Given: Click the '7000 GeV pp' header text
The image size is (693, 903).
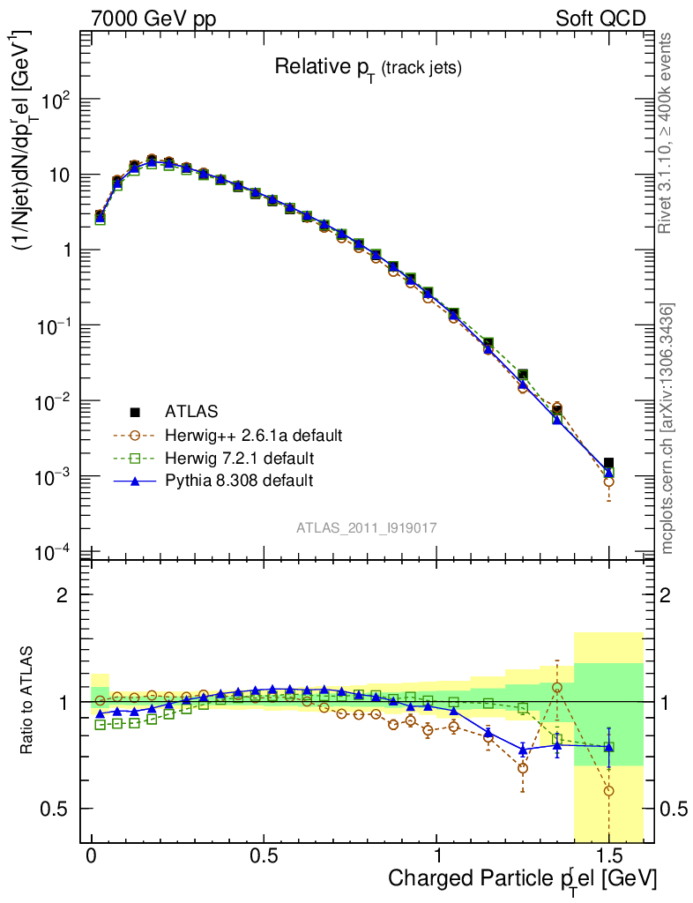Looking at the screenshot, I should click(153, 19).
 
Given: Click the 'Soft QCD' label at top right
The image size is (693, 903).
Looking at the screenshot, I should click(600, 19).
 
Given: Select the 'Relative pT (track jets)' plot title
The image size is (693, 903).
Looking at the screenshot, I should click(368, 67).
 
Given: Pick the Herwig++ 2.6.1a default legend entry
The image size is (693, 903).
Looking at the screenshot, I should click(252, 436).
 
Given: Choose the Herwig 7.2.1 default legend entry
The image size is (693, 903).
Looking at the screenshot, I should click(239, 459).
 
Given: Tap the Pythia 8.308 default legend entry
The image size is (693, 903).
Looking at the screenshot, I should click(238, 481).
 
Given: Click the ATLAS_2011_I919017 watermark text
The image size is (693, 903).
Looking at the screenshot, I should click(368, 527).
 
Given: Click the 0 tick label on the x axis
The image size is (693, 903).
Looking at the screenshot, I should click(92, 857).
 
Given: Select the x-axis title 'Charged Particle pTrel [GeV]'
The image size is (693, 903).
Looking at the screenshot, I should click(522, 879).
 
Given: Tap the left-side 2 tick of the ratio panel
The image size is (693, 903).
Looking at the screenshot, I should click(63, 594).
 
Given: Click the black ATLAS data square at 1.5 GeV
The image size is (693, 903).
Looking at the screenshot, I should click(608, 463).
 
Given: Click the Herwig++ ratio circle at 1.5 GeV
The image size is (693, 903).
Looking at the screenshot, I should click(608, 790).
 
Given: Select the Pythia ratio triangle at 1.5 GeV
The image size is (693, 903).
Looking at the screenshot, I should click(608, 747).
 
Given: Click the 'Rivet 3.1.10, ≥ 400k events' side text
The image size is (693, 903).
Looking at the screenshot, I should click(667, 132).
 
